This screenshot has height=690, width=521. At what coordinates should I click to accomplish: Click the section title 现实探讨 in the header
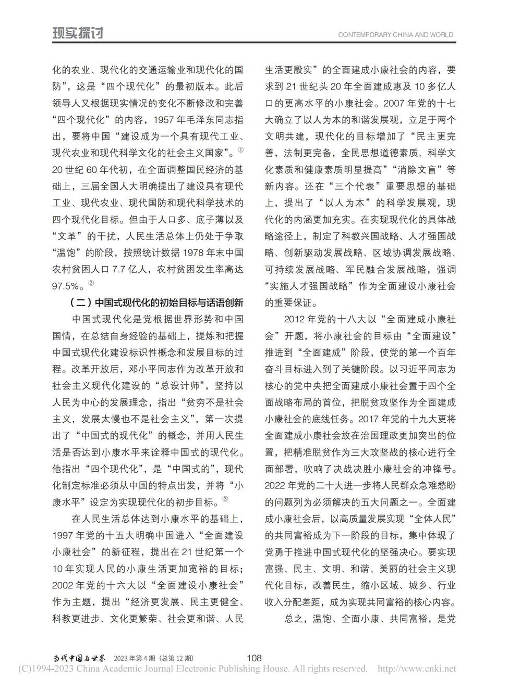78,33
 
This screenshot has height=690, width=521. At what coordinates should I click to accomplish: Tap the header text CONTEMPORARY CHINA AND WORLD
395,35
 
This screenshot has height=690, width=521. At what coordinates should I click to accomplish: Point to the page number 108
254,658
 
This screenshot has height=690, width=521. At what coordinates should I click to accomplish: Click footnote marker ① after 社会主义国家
240,150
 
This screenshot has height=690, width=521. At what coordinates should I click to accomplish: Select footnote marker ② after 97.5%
91,283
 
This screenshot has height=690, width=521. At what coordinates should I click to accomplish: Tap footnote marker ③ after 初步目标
225,500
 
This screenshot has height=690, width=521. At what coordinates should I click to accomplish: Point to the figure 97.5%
67,286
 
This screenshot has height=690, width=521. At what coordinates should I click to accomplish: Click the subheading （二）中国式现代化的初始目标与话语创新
156,303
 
